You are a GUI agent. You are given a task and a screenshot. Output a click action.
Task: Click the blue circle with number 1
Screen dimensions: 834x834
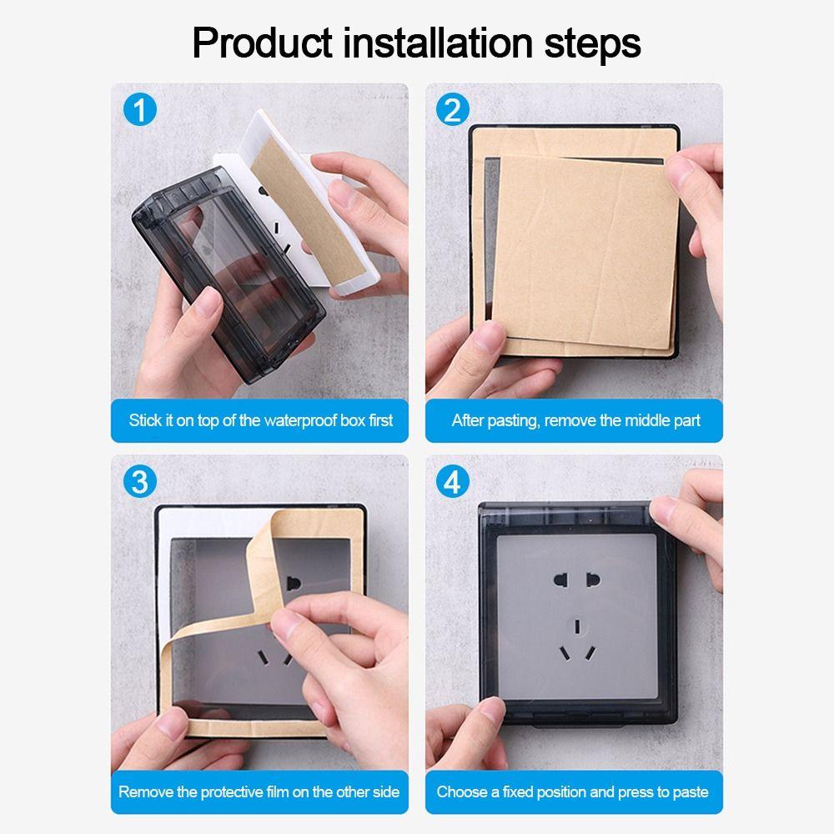(139, 109)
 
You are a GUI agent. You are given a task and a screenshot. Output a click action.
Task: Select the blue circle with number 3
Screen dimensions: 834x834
(139, 481)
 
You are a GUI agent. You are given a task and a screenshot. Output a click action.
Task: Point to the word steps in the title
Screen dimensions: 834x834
(595, 43)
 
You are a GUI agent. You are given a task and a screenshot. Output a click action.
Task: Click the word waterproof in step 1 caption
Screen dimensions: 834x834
(302, 420)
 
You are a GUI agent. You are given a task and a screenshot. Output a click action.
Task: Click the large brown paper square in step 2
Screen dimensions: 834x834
(584, 242)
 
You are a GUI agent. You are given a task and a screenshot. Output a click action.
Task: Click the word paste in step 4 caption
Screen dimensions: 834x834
(688, 791)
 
